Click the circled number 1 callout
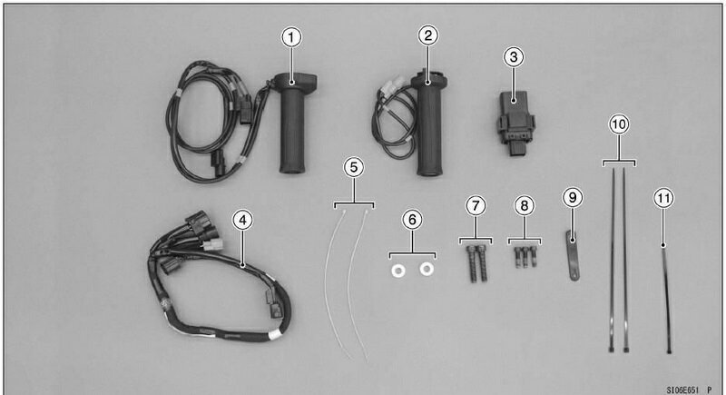coord(291,37)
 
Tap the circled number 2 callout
coord(427,35)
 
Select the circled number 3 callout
coord(513,57)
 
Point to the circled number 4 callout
coord(242,220)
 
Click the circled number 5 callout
coord(354,167)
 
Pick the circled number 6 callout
coord(412,219)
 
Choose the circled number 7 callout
coord(476,205)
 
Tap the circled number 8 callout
coord(525,205)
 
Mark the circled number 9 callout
coord(573,198)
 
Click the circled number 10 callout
coord(619,124)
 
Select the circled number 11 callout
coord(663,199)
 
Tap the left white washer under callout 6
coord(397,271)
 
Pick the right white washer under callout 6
coord(427,269)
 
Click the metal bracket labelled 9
coord(573,256)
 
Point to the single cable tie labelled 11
coord(666,300)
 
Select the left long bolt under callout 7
coord(472,263)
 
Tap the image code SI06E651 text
coord(683,390)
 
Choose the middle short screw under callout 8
coord(525,258)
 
